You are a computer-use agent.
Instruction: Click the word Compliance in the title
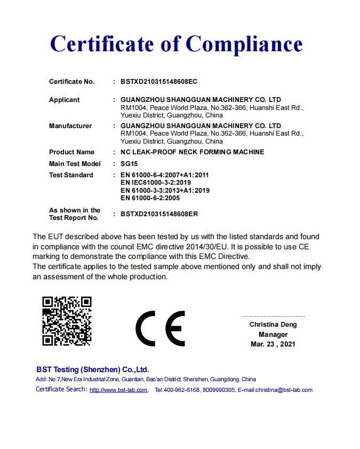tap(244, 44)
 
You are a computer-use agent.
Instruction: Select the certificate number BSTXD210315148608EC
tap(159, 82)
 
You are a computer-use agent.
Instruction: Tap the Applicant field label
tap(64, 100)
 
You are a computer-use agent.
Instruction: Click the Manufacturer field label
tap(70, 126)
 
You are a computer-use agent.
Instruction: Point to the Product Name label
tap(71, 152)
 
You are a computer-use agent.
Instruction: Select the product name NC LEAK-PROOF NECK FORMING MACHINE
tap(192, 152)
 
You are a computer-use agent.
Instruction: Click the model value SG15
tap(129, 164)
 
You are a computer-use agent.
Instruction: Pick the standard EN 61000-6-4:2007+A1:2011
tap(165, 175)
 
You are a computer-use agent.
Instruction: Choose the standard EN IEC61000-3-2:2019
tap(158, 183)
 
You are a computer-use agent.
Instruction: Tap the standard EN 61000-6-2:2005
tap(150, 198)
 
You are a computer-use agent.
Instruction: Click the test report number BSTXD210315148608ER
tap(159, 214)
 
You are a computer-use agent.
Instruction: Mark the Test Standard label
tap(71, 175)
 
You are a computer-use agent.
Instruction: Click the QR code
tap(67, 321)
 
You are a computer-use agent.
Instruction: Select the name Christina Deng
tap(273, 325)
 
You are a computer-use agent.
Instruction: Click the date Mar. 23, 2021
tap(273, 344)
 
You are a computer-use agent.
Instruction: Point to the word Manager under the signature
tap(273, 335)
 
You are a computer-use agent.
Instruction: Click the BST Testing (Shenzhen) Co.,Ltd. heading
tap(93, 369)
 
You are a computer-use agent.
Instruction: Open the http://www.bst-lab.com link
tap(118, 390)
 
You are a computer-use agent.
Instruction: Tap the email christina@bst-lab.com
tap(284, 390)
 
